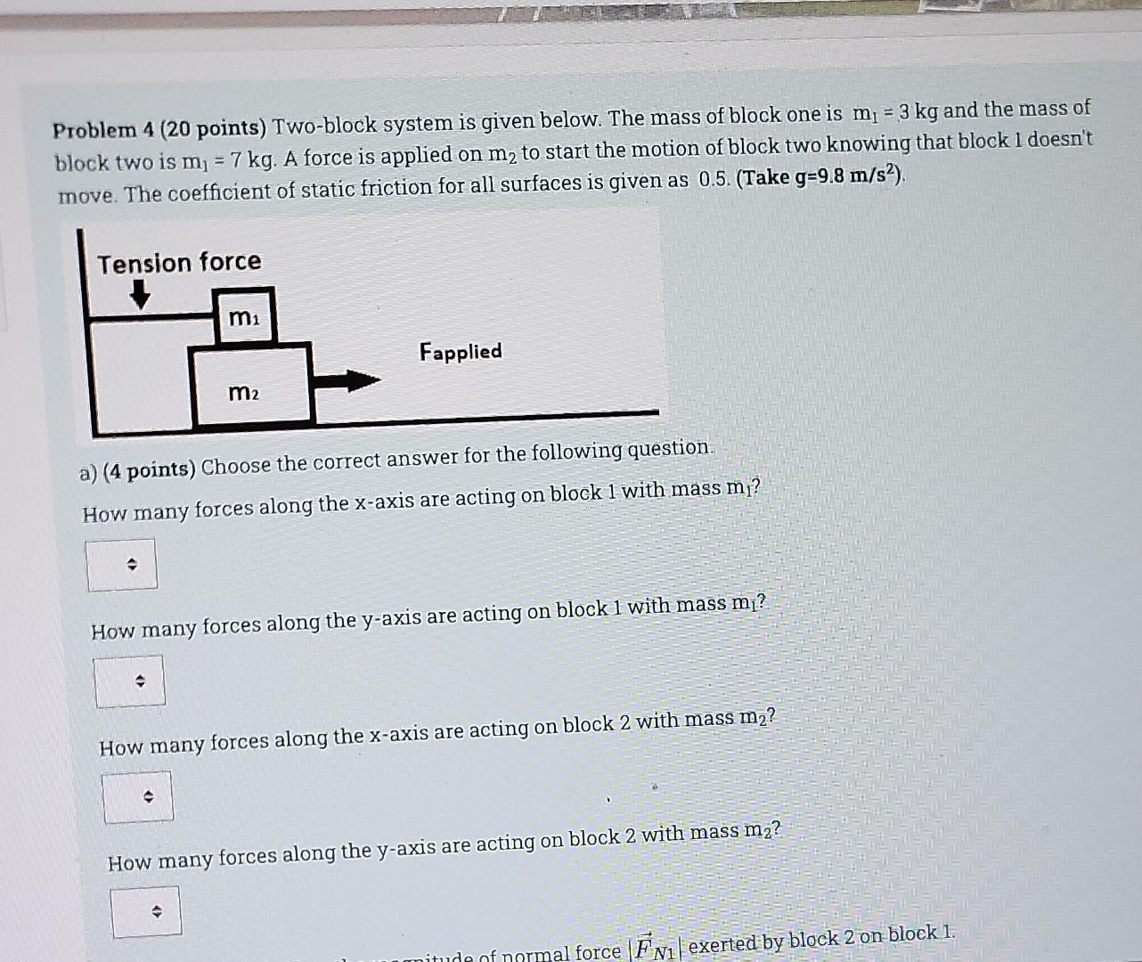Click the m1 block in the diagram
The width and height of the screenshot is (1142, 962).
[245, 316]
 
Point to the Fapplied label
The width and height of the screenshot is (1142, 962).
[461, 351]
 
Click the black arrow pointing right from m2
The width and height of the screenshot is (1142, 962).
[348, 380]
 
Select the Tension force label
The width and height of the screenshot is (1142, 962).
[179, 263]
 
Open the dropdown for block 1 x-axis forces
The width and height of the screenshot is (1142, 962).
[122, 564]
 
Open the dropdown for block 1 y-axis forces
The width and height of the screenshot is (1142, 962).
[129, 681]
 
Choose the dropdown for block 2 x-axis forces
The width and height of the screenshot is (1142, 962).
[138, 797]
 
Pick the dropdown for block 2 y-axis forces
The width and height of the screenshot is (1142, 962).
[146, 911]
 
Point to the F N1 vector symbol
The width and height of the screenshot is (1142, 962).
[657, 948]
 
